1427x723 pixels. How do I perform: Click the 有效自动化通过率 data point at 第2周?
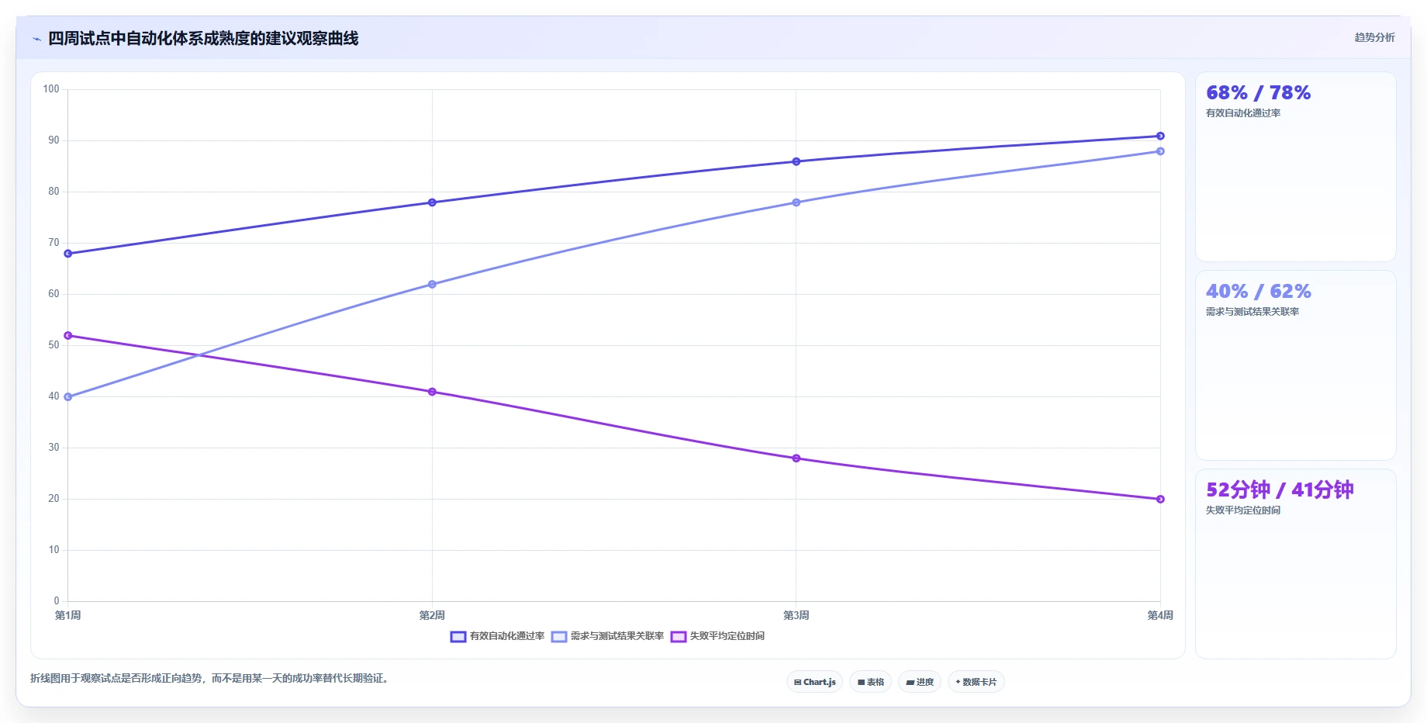click(432, 202)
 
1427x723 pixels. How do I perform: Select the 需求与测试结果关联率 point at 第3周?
click(796, 202)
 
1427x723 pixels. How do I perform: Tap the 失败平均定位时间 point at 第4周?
click(1160, 499)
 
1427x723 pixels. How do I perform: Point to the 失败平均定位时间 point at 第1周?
click(68, 335)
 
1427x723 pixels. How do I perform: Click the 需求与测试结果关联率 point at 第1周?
click(68, 396)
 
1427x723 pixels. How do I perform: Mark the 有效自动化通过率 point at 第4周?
click(1160, 136)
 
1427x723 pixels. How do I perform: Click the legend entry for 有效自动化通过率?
click(497, 636)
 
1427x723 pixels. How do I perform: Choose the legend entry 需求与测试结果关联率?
click(608, 636)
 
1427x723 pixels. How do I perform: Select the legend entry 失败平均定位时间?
click(717, 636)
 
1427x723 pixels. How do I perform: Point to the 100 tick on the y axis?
click(51, 89)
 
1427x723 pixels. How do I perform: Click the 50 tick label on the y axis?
click(54, 345)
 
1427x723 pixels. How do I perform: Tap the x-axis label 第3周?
click(796, 615)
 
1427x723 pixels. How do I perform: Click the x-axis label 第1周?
click(68, 615)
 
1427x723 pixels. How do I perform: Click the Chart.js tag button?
click(814, 682)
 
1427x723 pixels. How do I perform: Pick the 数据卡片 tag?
click(976, 682)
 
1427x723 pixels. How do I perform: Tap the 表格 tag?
click(870, 682)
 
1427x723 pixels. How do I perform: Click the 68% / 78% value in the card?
click(1258, 93)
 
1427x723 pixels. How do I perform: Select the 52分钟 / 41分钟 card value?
click(1280, 489)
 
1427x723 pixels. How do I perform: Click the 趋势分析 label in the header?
click(1374, 37)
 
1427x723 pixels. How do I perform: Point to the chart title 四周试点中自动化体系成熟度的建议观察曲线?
click(203, 38)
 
